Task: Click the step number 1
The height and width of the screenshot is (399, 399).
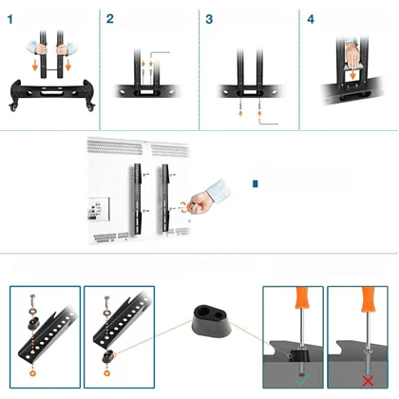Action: tap(10, 20)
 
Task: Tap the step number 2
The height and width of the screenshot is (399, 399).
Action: tap(110, 19)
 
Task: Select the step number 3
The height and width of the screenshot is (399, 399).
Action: tap(209, 19)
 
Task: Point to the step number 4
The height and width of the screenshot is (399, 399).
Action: tap(311, 20)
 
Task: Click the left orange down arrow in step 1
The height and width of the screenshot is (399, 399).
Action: tap(35, 66)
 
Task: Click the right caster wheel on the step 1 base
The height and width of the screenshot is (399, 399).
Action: tap(91, 107)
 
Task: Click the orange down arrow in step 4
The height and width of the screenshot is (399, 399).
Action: tap(352, 75)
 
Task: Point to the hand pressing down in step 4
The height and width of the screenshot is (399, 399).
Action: tap(352, 55)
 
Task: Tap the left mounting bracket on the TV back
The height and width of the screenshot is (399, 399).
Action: tap(138, 199)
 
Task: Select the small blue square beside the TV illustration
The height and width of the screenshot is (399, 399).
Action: tap(256, 184)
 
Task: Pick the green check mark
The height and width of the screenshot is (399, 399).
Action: tap(301, 380)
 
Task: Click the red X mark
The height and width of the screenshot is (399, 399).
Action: tap(368, 381)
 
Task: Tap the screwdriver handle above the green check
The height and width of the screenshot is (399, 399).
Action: tap(301, 297)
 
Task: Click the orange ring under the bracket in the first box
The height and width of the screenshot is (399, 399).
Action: tap(32, 372)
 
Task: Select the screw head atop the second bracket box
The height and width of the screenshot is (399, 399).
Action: tap(107, 298)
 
